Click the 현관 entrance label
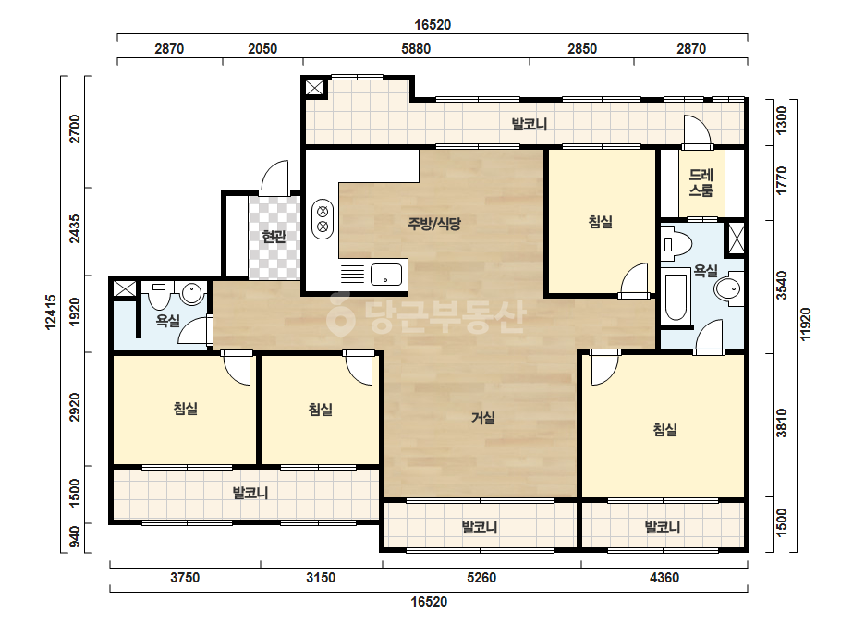274,237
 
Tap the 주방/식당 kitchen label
434,223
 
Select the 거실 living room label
483,418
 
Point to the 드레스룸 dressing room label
701,182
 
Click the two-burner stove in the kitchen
323,219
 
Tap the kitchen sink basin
386,275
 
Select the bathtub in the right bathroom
676,298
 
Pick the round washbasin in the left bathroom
192,294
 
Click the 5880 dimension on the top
416,48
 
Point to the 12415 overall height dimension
51,312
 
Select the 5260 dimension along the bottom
481,577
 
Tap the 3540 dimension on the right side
782,286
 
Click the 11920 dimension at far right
806,325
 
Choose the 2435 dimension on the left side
75,229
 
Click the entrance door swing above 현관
274,178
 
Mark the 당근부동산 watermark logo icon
340,314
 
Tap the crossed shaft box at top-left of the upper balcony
314,88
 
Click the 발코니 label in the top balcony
530,124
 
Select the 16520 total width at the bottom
429,602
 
